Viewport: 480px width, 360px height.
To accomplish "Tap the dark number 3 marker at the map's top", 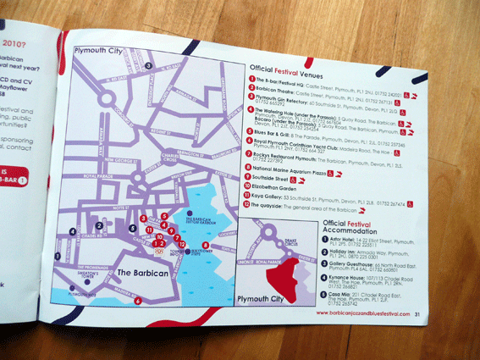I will pyautogui.click(x=147, y=64).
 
